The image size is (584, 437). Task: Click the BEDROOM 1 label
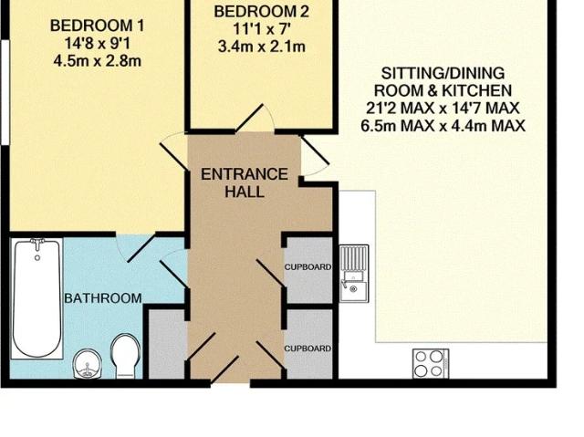pos(96,25)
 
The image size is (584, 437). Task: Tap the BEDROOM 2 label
pos(260,12)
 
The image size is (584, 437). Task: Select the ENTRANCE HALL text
pos(244,182)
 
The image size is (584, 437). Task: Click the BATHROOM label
pos(102,298)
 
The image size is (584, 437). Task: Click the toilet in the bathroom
pos(124,354)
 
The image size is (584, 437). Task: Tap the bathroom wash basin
pos(86,362)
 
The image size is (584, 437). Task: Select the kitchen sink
pos(354,274)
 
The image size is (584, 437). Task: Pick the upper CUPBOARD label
pos(308,268)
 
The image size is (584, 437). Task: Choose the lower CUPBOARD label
pos(308,349)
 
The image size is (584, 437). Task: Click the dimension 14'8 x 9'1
pos(96,43)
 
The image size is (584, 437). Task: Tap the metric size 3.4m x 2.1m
pos(260,44)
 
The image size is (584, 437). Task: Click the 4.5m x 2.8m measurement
pos(96,61)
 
